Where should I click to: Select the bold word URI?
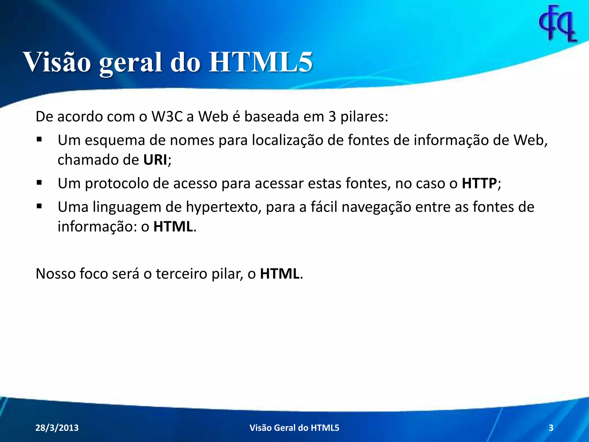[x=155, y=160]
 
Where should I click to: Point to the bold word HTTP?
[x=479, y=183]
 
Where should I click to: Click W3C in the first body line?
[x=167, y=117]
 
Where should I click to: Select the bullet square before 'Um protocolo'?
[x=39, y=183]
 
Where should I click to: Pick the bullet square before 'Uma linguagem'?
[x=39, y=206]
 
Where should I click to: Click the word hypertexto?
[x=223, y=207]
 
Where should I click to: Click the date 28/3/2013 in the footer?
[x=57, y=428]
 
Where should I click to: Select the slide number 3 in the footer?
[x=551, y=428]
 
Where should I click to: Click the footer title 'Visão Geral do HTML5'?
[x=294, y=428]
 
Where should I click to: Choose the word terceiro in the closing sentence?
[x=181, y=274]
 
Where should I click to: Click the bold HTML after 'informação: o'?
[x=173, y=226]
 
